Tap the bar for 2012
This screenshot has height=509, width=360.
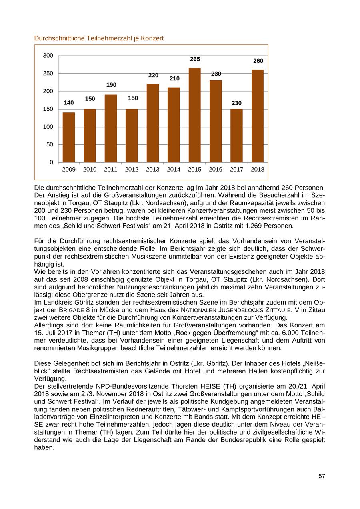(x=132, y=136)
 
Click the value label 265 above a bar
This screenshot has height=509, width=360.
(x=195, y=59)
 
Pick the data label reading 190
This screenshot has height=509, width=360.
(x=111, y=85)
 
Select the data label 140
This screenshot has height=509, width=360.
(x=69, y=103)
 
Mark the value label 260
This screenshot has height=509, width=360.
(x=258, y=61)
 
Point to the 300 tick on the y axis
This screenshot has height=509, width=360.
(x=48, y=56)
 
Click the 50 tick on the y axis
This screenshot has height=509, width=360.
(x=50, y=144)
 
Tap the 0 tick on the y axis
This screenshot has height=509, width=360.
(x=52, y=162)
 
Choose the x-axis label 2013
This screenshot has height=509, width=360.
(x=152, y=170)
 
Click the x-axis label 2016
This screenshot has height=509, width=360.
(x=216, y=170)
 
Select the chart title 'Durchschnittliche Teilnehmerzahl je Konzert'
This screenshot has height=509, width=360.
(x=99, y=38)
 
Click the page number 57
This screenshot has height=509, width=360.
(x=322, y=476)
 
